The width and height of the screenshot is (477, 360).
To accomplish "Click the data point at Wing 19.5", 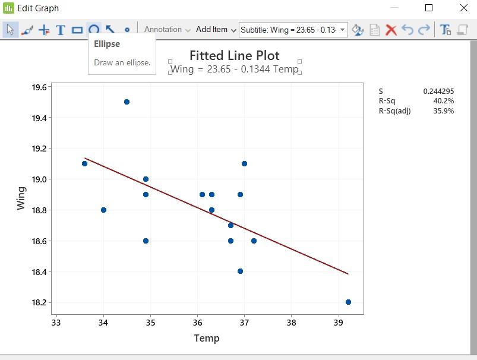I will [x=127, y=102].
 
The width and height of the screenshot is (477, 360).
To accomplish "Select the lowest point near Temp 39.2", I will [x=348, y=302].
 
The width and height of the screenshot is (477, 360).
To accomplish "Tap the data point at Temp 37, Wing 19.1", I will [x=244, y=164].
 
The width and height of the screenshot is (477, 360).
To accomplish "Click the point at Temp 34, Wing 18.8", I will [x=103, y=210].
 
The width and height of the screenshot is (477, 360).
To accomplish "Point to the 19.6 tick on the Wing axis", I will [x=39, y=87].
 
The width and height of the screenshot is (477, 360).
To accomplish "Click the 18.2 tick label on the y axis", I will [x=39, y=302].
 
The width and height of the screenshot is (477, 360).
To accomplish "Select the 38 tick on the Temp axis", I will [x=291, y=323].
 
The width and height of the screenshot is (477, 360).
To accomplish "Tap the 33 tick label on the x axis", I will [x=56, y=323].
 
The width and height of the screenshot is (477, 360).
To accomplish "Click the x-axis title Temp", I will [x=207, y=338].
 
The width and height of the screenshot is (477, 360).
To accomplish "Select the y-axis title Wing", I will [x=21, y=198].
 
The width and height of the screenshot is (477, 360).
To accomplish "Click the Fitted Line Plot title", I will [x=235, y=55].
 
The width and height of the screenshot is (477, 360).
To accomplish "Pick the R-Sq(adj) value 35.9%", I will [x=444, y=111].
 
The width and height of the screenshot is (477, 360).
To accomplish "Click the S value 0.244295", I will [x=438, y=91].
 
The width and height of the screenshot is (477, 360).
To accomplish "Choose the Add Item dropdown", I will [x=216, y=30].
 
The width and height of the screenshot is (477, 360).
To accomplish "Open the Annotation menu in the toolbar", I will [x=167, y=30].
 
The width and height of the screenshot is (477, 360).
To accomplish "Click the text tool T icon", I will [x=60, y=30].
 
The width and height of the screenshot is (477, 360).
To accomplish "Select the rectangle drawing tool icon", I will [x=77, y=30].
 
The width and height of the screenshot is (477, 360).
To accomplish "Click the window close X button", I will [x=464, y=8].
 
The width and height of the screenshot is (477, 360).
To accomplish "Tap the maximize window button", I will [x=429, y=8].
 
